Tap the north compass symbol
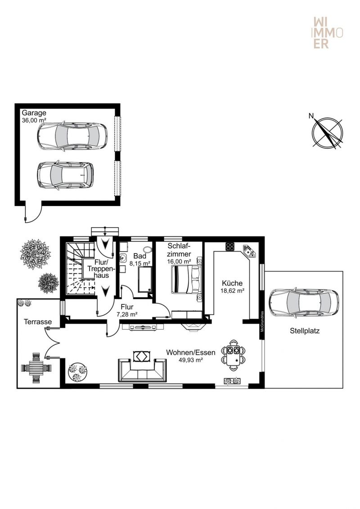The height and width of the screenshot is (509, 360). click(x=327, y=132)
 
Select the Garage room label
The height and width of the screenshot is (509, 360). click(x=34, y=113)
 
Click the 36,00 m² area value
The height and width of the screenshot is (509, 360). click(x=34, y=121)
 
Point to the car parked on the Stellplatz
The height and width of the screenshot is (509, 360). click(x=304, y=303)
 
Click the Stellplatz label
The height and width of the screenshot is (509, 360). click(x=305, y=331)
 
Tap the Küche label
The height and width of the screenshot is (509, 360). click(x=232, y=283)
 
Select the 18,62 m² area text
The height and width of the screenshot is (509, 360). click(x=232, y=291)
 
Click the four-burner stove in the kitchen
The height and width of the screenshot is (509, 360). click(x=230, y=246)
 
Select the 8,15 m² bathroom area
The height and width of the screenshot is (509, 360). click(x=139, y=264)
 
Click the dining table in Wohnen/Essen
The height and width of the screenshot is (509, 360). click(x=234, y=355)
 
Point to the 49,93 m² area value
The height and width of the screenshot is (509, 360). click(x=191, y=360)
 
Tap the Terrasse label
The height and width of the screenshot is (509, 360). click(x=38, y=321)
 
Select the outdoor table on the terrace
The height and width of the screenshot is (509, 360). click(x=36, y=368)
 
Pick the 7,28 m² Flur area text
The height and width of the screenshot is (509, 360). click(x=127, y=314)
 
